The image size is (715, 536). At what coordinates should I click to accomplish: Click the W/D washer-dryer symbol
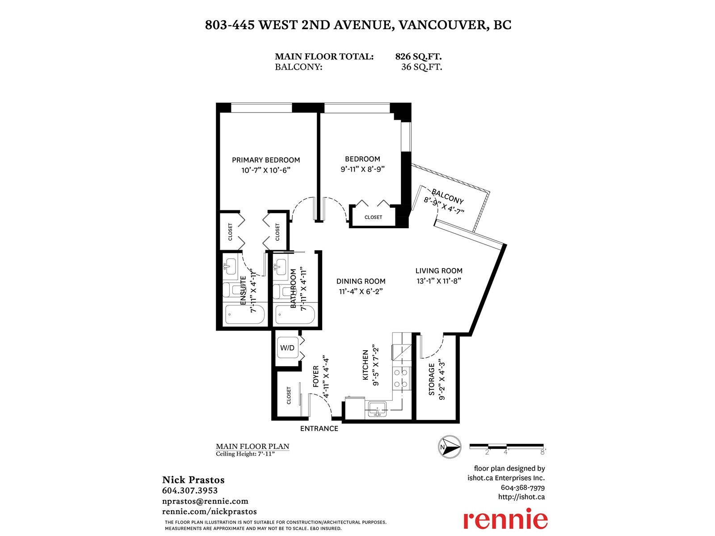pos(287,348)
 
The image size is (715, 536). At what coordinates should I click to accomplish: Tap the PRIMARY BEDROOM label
pos(266,160)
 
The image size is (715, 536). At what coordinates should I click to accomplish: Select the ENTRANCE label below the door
pos(319,429)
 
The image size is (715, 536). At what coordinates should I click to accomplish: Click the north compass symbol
pos(450,447)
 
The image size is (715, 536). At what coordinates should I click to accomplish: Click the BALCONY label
pos(447,196)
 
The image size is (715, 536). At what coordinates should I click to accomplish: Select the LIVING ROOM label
pos(439,271)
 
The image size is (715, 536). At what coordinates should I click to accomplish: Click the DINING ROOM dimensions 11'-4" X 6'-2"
pos(361,291)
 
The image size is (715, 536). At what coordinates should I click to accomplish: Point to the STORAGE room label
pos(432,380)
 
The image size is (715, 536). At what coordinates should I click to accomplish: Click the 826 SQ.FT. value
pos(418,57)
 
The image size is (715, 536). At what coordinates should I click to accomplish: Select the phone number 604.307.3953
pos(189,490)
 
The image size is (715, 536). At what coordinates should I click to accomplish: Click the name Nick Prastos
pos(193,480)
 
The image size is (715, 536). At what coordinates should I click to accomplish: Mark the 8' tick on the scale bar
pos(543,452)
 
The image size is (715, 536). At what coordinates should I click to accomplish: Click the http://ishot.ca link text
pos(521,497)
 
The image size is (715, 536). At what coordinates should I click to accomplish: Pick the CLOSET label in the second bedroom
pos(373,217)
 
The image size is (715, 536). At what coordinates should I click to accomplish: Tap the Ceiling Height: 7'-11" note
pos(245,454)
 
